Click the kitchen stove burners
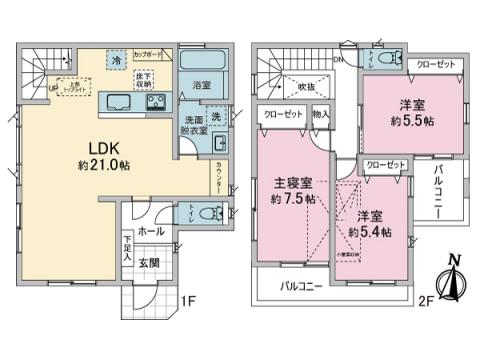[157, 101]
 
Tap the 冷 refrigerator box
[118, 62]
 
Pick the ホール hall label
[150, 230]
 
